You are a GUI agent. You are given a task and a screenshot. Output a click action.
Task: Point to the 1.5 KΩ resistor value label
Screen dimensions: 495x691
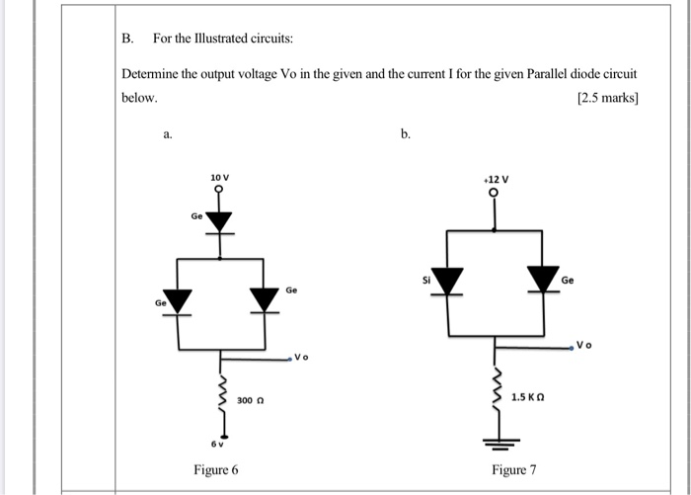[x=529, y=396]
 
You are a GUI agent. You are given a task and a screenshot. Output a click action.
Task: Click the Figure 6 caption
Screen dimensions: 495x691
[x=216, y=469]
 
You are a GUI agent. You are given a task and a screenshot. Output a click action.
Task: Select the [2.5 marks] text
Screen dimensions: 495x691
[x=605, y=99]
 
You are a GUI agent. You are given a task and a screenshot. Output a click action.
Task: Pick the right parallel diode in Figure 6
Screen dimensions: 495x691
[x=264, y=298]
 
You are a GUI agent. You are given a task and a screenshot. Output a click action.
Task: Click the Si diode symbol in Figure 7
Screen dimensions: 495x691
[x=449, y=282]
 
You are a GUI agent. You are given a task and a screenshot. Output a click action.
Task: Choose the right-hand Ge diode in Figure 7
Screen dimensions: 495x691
[x=542, y=282]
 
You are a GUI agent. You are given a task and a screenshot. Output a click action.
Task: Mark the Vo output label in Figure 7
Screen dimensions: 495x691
[x=584, y=347]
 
